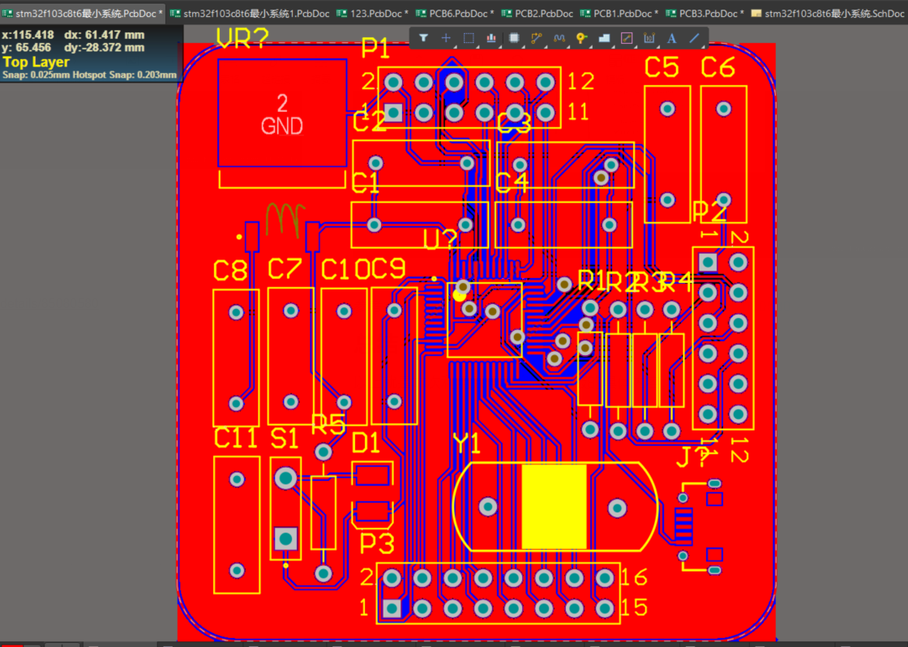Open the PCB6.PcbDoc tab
[454, 14]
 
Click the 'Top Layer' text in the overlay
[36, 62]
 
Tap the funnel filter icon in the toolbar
[423, 38]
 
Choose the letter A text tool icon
[671, 38]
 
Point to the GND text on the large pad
[281, 126]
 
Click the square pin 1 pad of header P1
[393, 112]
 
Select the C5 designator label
[662, 68]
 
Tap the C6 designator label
[717, 68]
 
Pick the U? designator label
[440, 240]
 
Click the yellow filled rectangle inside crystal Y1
[554, 507]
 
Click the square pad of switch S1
[285, 538]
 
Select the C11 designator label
[236, 439]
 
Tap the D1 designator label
[366, 443]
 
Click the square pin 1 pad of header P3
[392, 608]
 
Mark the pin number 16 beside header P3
[634, 577]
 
